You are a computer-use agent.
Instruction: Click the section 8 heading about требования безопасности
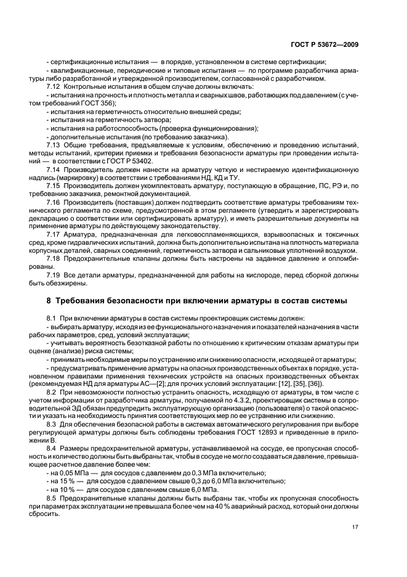(x=196, y=300)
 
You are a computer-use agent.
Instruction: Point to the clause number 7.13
(x=54, y=144)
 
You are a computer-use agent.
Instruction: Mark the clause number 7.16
(x=54, y=202)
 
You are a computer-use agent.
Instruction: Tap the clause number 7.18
(x=54, y=259)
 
